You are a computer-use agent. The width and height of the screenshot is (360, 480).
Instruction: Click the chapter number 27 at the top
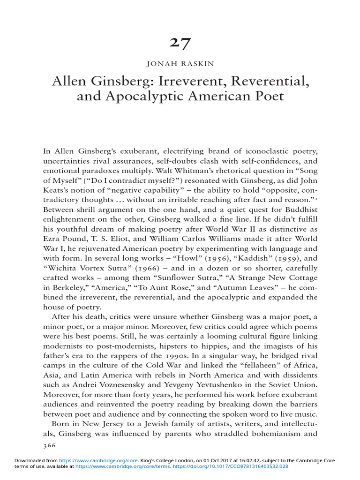[180, 43]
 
